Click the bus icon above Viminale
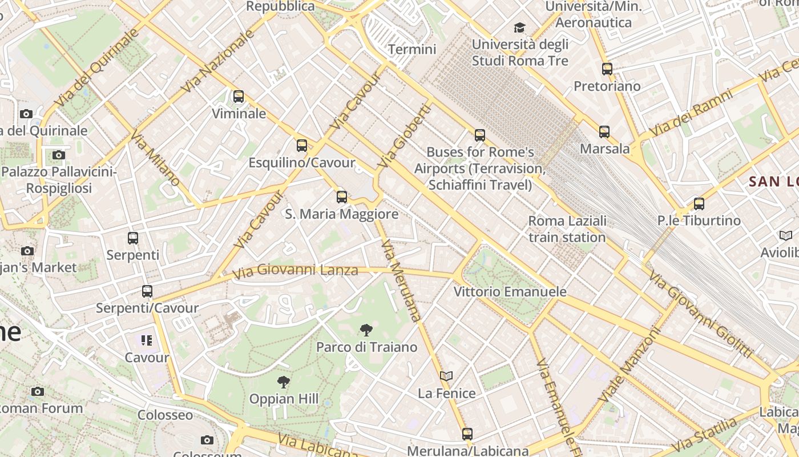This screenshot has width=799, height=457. click(239, 97)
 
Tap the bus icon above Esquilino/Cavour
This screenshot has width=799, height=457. click(302, 146)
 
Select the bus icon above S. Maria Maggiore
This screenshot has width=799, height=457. click(342, 197)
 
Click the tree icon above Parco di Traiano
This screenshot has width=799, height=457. click(366, 330)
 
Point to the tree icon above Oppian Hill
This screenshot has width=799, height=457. click(283, 382)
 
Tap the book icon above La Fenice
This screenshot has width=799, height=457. click(446, 376)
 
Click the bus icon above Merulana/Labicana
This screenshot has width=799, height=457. click(467, 434)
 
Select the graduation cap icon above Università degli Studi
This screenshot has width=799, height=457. click(519, 27)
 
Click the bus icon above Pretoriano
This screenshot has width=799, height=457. click(607, 69)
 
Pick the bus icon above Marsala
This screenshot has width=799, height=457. click(604, 132)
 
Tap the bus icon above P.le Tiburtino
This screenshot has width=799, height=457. click(699, 203)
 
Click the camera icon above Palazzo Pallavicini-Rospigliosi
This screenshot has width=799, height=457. click(59, 155)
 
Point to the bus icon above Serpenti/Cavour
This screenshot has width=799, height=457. click(147, 291)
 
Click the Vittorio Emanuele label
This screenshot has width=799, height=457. click(510, 291)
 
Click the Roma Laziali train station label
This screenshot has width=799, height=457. click(567, 229)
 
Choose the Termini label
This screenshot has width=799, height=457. click(412, 49)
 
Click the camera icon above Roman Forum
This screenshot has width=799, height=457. click(38, 391)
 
